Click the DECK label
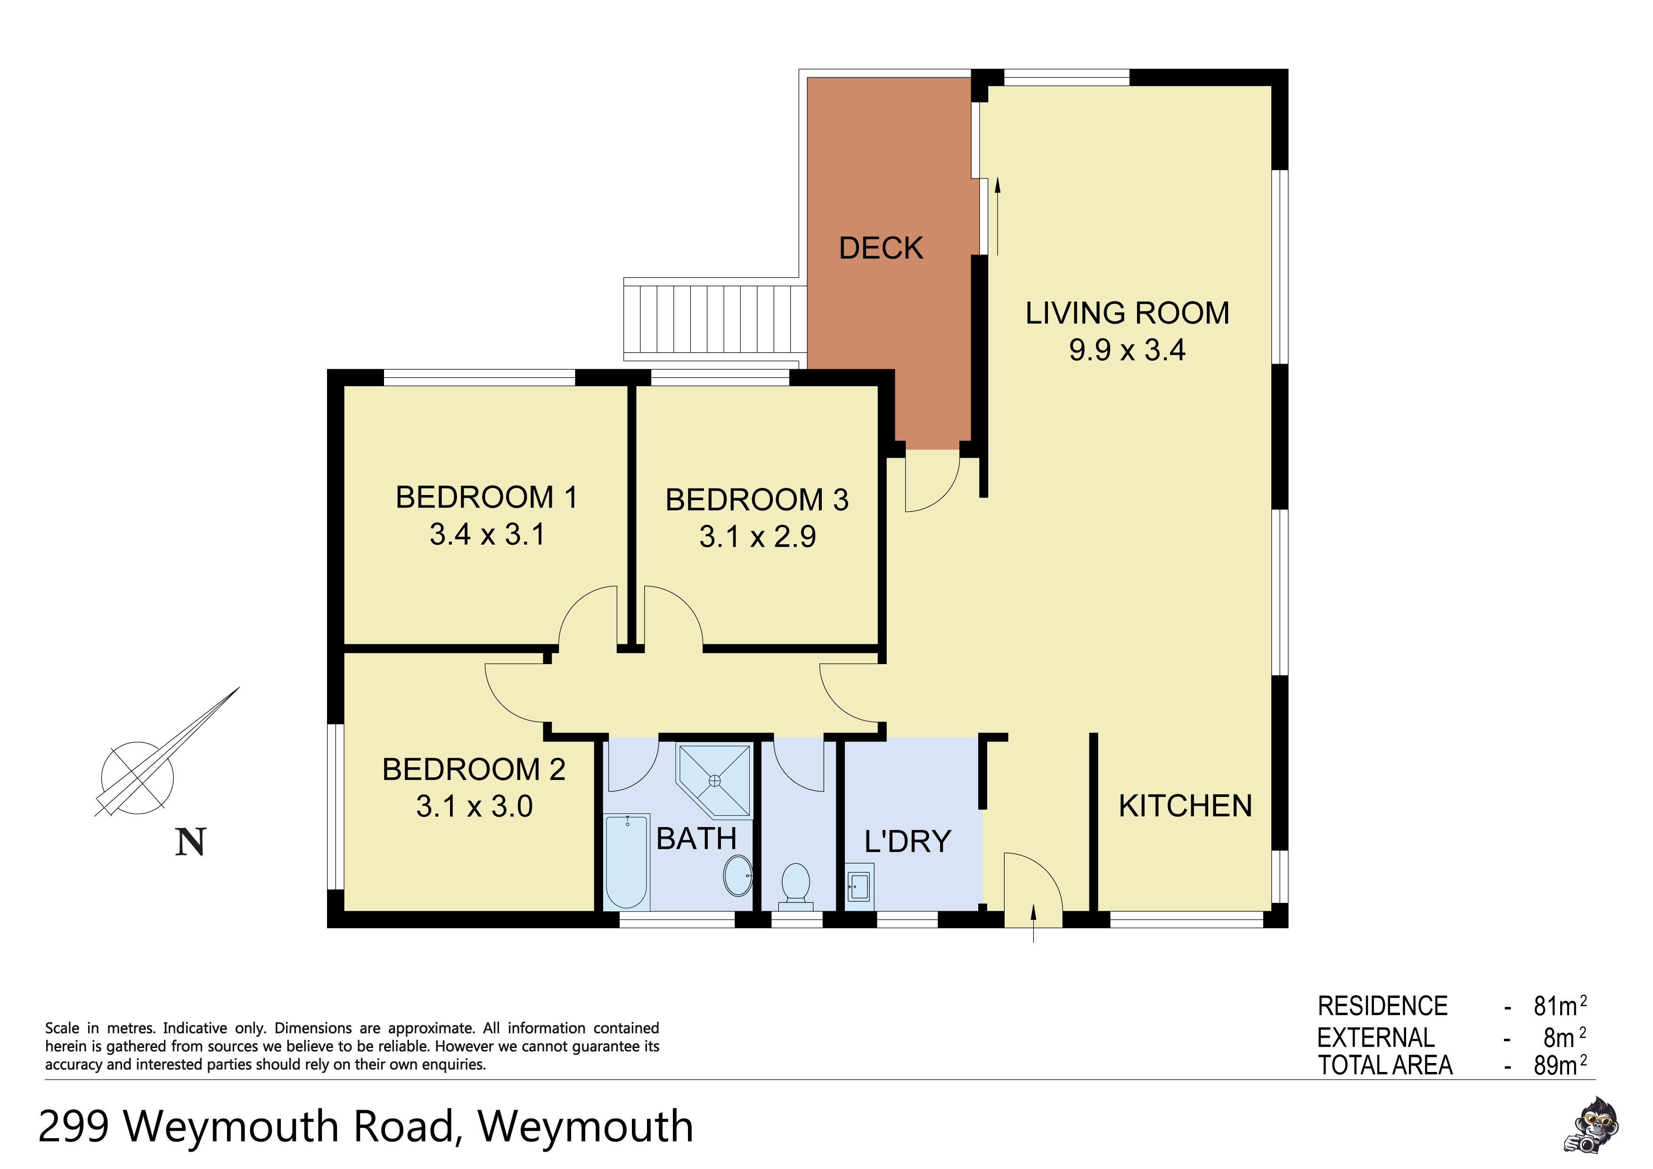pyautogui.click(x=881, y=248)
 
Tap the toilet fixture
pyautogui.click(x=795, y=885)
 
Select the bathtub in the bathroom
pyautogui.click(x=626, y=861)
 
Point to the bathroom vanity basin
pyautogui.click(x=738, y=875)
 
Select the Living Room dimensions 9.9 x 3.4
pyautogui.click(x=1127, y=350)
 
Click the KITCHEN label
pyautogui.click(x=1185, y=806)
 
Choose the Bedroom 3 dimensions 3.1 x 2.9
pyautogui.click(x=757, y=537)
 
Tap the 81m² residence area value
pyautogui.click(x=1559, y=1006)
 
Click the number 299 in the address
pyautogui.click(x=74, y=1127)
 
